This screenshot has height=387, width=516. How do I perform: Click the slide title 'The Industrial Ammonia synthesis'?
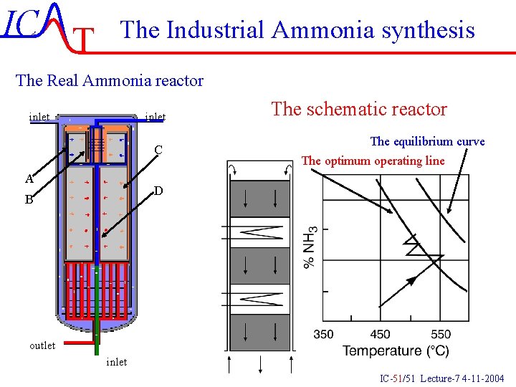pos(297,30)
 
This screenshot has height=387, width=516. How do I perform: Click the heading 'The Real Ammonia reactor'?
pos(110,80)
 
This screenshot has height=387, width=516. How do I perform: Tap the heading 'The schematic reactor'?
pos(359,109)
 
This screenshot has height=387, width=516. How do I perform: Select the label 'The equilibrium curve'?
pos(427,141)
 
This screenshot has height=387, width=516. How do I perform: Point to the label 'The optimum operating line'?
pos(373,161)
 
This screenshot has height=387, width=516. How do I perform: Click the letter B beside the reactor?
pos(29,200)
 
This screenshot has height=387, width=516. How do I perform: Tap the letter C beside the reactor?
pos(159,150)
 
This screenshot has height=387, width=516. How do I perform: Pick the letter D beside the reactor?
pos(159,191)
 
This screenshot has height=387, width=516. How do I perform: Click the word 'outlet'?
pos(42,345)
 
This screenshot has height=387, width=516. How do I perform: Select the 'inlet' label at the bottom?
pos(116,362)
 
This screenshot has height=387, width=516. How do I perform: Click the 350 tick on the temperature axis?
pos(323,334)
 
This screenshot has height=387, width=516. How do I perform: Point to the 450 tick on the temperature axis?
pos(381,334)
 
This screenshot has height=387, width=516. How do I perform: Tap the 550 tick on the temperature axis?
pos(441,334)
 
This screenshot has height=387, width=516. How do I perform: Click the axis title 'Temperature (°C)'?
pos(396,351)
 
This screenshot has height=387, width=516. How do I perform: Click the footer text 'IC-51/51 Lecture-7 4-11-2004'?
pos(441,378)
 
